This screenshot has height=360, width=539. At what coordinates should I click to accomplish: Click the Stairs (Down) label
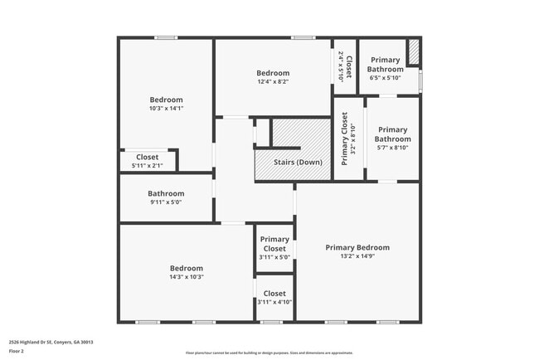click(298, 162)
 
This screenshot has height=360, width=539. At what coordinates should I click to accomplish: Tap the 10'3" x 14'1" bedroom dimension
click(166, 109)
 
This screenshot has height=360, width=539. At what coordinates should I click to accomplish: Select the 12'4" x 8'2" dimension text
click(273, 82)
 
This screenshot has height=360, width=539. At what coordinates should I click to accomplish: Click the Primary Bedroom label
click(357, 247)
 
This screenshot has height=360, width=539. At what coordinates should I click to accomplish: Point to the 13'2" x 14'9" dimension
click(357, 257)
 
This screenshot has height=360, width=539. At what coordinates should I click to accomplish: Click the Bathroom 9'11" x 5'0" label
click(166, 197)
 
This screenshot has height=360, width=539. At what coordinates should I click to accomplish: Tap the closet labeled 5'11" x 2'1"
click(148, 161)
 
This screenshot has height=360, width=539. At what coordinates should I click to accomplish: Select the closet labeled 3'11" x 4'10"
click(274, 297)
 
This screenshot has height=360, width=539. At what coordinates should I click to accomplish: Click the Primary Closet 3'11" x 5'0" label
click(274, 247)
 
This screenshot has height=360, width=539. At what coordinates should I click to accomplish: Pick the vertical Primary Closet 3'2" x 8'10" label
click(348, 139)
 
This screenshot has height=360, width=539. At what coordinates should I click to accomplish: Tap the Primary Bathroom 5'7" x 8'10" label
click(392, 138)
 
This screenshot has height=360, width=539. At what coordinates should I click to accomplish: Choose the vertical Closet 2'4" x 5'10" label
click(345, 66)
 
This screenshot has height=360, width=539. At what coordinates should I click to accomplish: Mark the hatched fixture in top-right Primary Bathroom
click(414, 51)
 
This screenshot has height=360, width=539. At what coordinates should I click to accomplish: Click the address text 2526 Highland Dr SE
click(51, 342)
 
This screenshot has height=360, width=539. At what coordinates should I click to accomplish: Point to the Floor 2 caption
click(17, 351)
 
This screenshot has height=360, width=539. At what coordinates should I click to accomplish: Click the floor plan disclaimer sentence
click(269, 353)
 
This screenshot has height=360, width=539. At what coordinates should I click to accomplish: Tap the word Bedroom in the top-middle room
click(273, 73)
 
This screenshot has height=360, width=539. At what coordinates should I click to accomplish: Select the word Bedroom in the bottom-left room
click(187, 268)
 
